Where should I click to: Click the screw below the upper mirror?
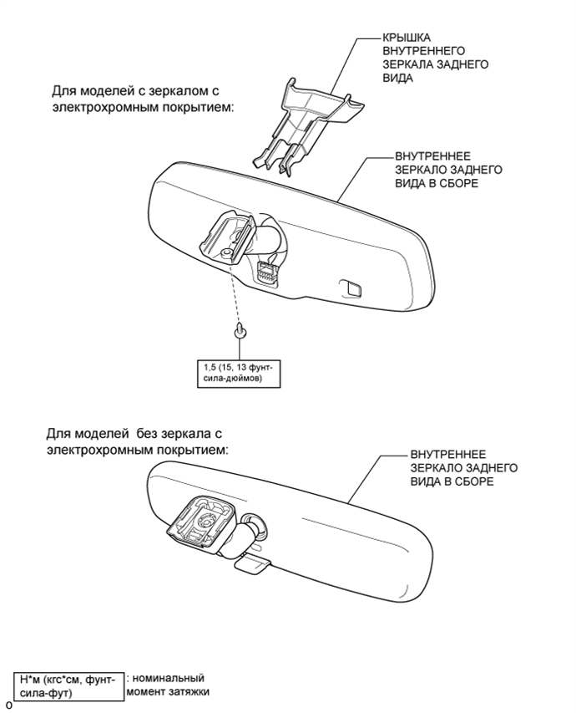point(240,331)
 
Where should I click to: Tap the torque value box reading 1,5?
point(239,374)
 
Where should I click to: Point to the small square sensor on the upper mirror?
point(351,287)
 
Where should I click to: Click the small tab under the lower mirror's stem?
point(253,565)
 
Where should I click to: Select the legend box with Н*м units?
point(68,685)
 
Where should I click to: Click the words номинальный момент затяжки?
point(168,685)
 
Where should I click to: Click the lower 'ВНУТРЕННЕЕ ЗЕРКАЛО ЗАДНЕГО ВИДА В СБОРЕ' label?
point(464,468)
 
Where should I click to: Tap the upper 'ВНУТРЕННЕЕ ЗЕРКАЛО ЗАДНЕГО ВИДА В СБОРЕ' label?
point(448,170)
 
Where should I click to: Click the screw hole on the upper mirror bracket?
point(225,254)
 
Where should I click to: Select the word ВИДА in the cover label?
point(398,78)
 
